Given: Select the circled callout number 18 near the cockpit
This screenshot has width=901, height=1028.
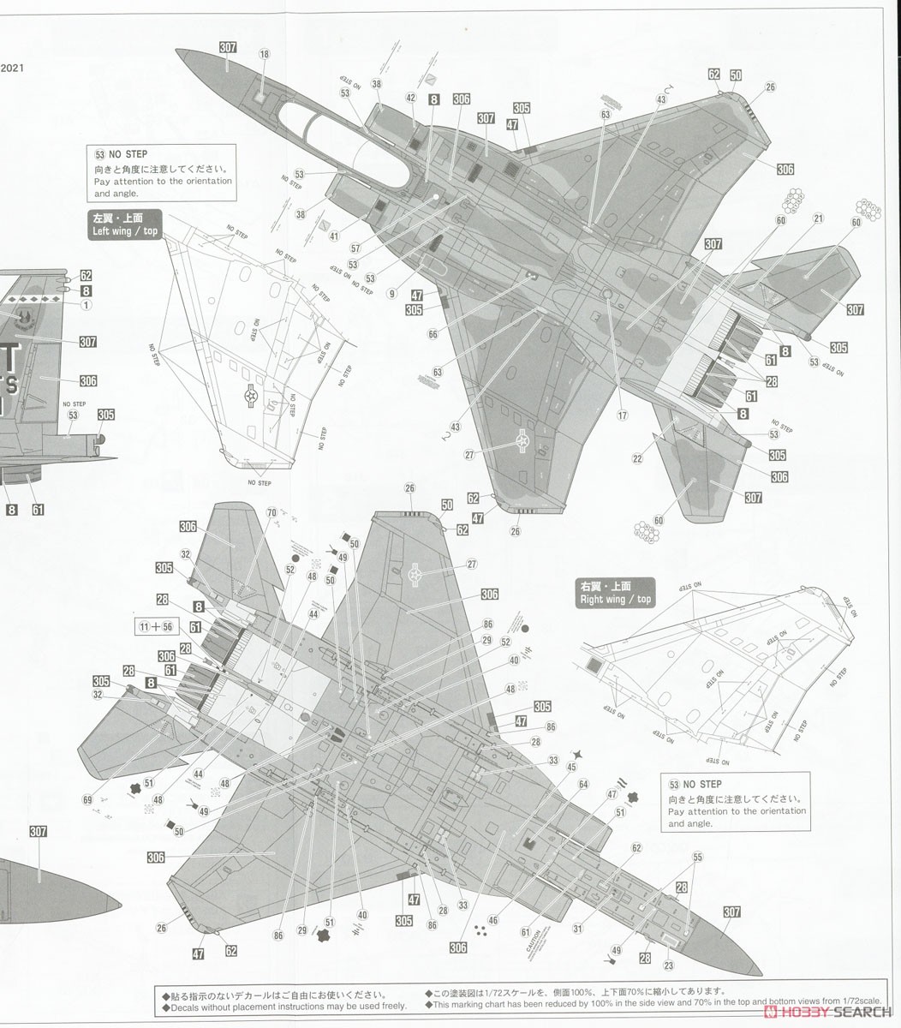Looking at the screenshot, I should [x=264, y=55].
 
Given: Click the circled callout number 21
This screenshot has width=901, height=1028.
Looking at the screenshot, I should [x=818, y=219].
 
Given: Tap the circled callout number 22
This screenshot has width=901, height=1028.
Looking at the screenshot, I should [x=637, y=458].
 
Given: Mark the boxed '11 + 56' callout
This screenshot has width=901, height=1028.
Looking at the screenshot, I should [x=155, y=626].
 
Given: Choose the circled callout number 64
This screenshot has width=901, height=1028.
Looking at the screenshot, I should [x=583, y=784].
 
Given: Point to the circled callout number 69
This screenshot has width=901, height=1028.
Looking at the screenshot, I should [x=87, y=799].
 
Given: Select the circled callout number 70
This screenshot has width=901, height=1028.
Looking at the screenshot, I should [x=271, y=513].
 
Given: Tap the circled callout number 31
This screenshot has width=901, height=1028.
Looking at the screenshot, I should [x=578, y=928].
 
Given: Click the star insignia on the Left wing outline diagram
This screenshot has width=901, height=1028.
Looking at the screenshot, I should [x=252, y=396].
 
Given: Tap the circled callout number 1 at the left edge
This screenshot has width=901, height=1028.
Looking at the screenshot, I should [x=87, y=305].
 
